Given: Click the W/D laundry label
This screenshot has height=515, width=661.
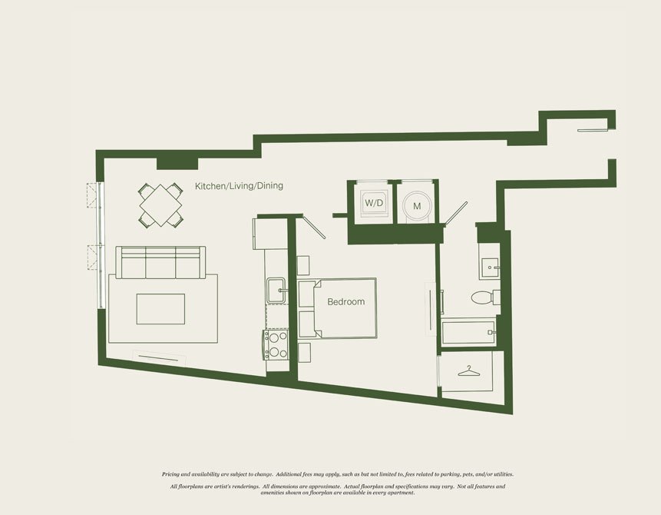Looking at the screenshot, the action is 374,203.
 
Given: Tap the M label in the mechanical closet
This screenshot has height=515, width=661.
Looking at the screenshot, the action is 417,207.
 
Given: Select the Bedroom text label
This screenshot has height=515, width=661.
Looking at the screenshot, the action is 346,302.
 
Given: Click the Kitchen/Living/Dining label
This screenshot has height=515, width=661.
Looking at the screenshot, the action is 239,186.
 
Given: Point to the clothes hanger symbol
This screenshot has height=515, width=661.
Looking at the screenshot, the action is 469,371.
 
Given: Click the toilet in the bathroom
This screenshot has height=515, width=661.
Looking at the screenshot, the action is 485,297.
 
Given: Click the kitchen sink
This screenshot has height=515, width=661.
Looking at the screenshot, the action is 276,290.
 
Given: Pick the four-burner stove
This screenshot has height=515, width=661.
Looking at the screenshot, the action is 276,344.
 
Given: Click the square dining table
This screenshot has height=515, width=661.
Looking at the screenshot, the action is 160,205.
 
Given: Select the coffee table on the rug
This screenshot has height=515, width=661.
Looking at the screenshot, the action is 160,309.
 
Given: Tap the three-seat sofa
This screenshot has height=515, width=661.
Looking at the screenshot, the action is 160,262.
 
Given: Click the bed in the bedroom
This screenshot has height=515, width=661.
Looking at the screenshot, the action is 337,307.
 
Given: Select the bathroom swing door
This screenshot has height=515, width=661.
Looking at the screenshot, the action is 456,212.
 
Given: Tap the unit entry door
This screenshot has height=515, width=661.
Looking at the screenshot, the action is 593,130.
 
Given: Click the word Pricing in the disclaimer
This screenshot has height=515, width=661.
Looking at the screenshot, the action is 170,474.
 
